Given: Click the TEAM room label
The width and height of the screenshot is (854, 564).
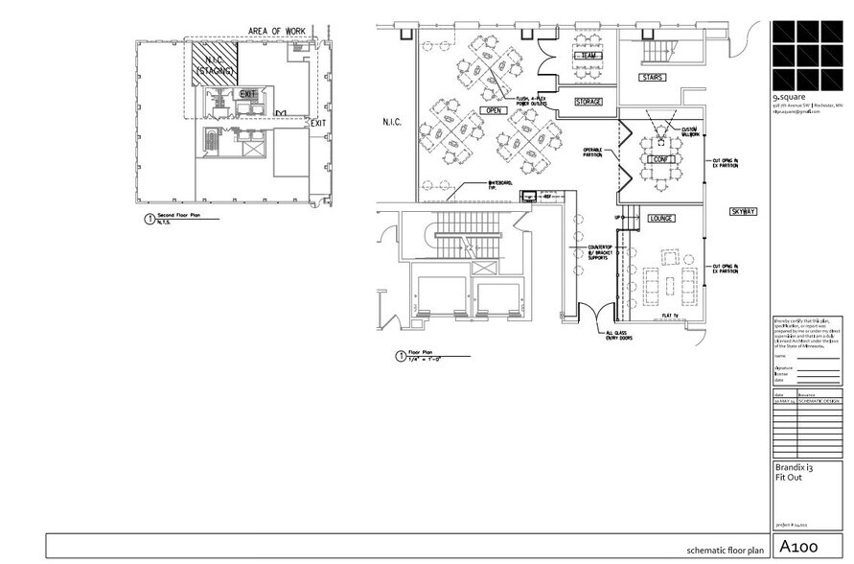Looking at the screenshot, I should (x=588, y=57).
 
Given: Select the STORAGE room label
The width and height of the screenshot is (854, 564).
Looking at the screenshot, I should (x=589, y=101).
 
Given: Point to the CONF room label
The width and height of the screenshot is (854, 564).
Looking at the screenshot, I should (x=658, y=159).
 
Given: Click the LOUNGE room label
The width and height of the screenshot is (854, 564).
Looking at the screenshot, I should (x=660, y=219).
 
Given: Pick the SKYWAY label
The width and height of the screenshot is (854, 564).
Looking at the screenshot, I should (x=744, y=211).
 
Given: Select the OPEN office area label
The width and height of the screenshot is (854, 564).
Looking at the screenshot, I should (x=494, y=111).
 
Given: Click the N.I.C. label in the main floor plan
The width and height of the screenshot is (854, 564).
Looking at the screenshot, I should (x=398, y=123).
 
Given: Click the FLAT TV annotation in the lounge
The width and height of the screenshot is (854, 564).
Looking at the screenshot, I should (x=671, y=315).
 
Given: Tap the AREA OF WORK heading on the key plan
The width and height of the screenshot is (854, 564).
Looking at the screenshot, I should (x=277, y=32).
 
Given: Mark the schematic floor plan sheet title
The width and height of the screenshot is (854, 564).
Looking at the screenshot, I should (x=726, y=551).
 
